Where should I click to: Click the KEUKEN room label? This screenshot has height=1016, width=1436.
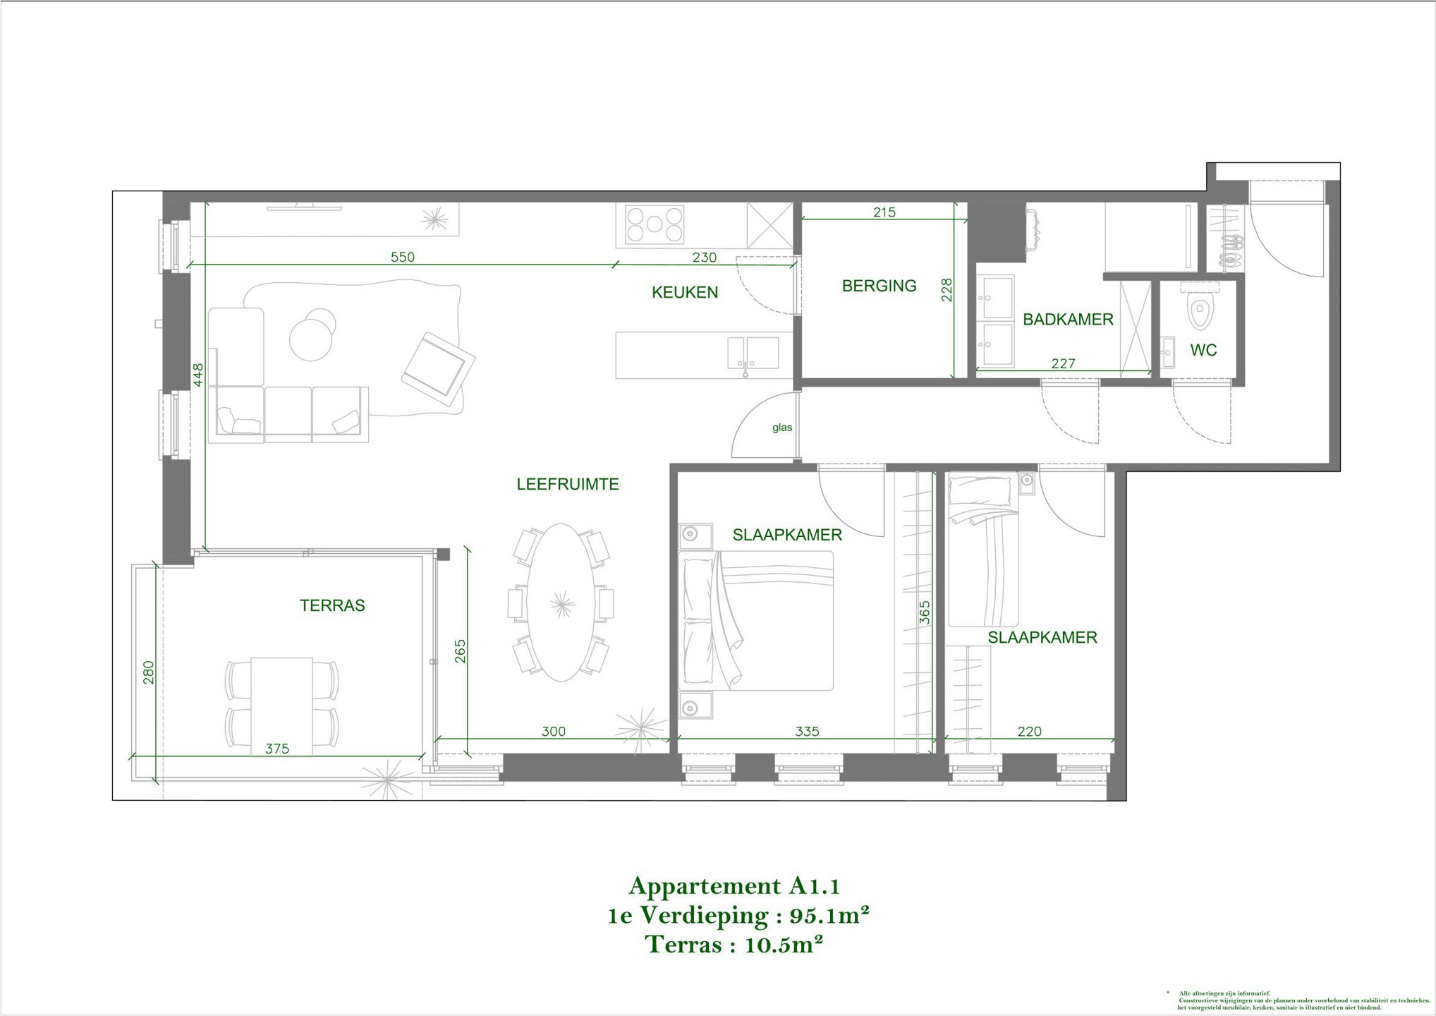coord(684,292)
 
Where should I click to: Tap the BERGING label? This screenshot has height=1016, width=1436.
coord(879,286)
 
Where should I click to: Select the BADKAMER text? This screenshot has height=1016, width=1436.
coord(1068,320)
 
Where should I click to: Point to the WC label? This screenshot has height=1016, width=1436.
coord(1203,350)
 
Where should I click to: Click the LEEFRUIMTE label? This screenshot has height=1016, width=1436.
coord(568,484)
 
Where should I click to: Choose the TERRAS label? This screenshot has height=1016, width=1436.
coord(332,605)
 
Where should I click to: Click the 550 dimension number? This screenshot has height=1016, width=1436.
coord(403,258)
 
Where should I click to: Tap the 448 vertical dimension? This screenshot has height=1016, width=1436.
coord(199,375)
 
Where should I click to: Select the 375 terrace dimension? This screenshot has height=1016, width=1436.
coord(277,749)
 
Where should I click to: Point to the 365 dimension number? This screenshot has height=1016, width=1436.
coord(925,612)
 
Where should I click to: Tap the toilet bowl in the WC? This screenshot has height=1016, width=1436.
coord(1200,312)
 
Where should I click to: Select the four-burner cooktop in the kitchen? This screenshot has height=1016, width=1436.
coord(655,224)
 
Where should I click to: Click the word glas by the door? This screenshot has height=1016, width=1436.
coord(782,428)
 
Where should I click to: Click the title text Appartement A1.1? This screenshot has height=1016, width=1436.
coord(734,886)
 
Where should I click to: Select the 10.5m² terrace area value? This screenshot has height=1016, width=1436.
coord(784,945)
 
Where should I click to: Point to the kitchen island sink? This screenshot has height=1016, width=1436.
coord(753,352)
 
